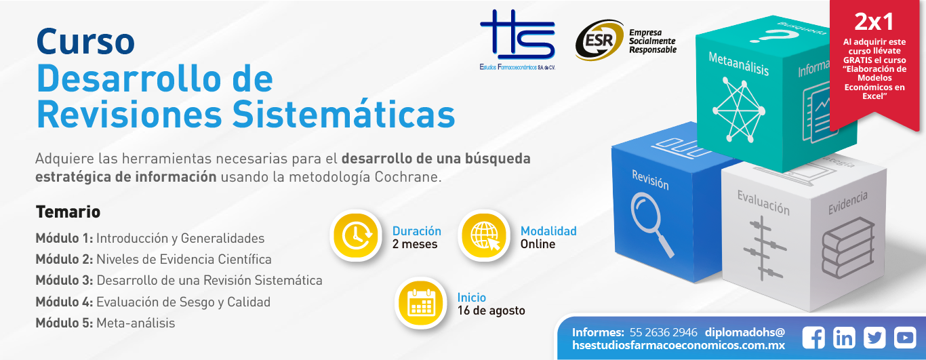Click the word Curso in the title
click(x=85, y=41)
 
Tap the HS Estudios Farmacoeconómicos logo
click(x=517, y=40)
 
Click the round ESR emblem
click(x=599, y=40)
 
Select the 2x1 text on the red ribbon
click(x=874, y=22)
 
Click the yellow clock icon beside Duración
click(x=356, y=235)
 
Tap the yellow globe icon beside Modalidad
click(x=484, y=235)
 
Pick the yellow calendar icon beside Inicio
click(x=420, y=303)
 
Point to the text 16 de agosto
click(x=491, y=311)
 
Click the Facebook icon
click(x=813, y=338)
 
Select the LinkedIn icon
click(x=844, y=338)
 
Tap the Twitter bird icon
click(x=874, y=338)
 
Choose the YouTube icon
click(x=905, y=338)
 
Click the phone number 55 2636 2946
click(x=663, y=332)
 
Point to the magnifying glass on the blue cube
click(x=651, y=224)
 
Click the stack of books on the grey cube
click(x=848, y=247)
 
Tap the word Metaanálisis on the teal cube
click(x=738, y=64)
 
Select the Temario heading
click(x=68, y=212)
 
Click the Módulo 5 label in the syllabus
click(x=64, y=323)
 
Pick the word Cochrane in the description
click(x=407, y=177)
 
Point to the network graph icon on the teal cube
click(x=739, y=110)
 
